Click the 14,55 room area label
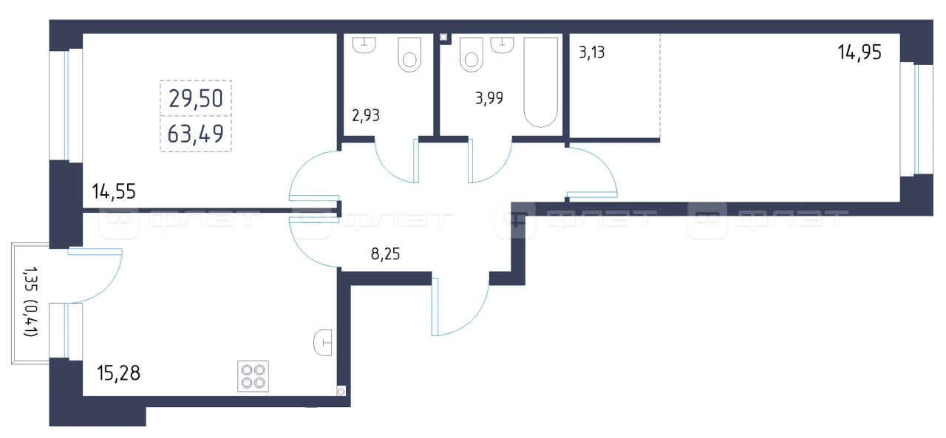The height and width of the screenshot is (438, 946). click(114, 191)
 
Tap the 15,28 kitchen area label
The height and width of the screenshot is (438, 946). click(118, 373)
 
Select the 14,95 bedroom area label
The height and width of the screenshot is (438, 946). click(860, 52)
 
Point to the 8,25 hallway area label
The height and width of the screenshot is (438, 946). click(385, 254)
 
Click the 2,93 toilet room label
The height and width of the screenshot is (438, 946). click(366, 115)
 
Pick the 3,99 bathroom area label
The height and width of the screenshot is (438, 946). click(489, 98)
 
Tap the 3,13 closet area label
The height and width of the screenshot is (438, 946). click(592, 52)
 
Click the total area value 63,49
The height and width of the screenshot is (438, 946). click(195, 134)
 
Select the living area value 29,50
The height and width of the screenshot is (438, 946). click(196, 99)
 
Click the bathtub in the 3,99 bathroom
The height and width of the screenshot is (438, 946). click(540, 82)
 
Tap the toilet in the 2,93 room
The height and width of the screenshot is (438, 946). click(409, 55)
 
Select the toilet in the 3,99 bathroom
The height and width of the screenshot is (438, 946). click(472, 55)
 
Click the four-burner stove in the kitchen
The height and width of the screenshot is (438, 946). click(253, 377)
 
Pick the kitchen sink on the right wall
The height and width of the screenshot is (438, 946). click(323, 343)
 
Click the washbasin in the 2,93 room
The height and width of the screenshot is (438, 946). click(364, 45)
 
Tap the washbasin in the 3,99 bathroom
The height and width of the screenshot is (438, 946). click(502, 45)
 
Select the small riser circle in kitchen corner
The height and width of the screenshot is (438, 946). click(341, 391)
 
